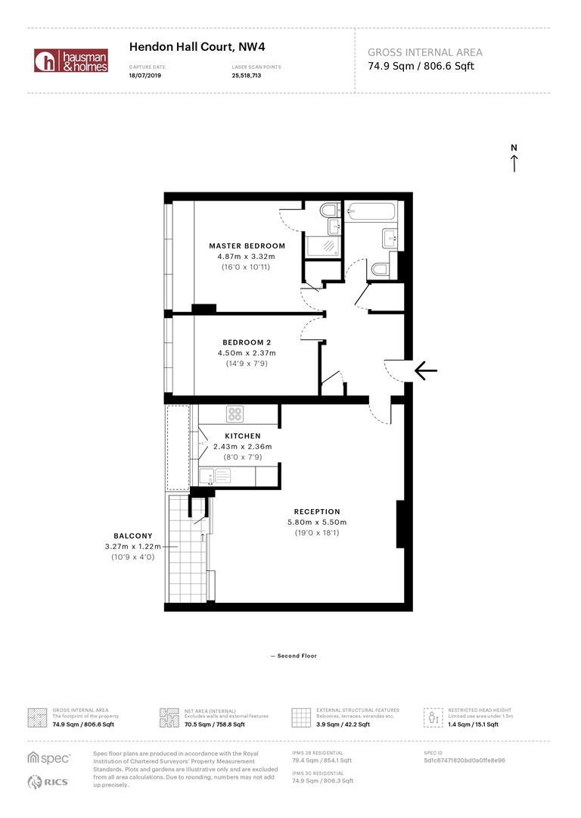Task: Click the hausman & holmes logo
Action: [71, 61]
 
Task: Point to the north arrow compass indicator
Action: [514, 158]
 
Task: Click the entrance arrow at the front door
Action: [426, 370]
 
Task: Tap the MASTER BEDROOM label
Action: [247, 246]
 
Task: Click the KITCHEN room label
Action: [242, 436]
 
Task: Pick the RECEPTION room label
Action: [317, 512]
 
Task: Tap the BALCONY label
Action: [133, 535]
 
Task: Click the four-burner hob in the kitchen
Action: [235, 414]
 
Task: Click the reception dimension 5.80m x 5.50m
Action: [317, 523]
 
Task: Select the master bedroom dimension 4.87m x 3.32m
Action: [247, 257]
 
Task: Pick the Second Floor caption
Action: [294, 656]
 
